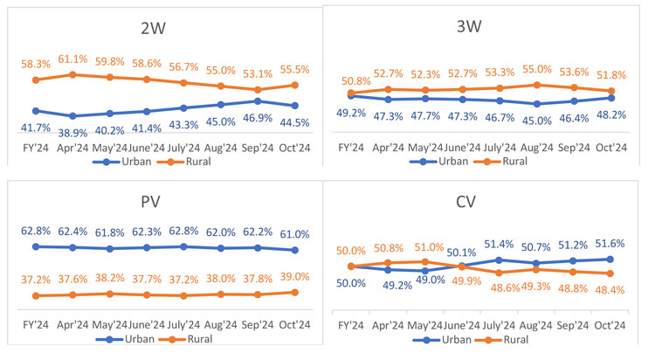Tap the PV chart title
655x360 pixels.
click(x=161, y=202)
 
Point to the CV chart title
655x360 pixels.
click(x=484, y=203)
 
